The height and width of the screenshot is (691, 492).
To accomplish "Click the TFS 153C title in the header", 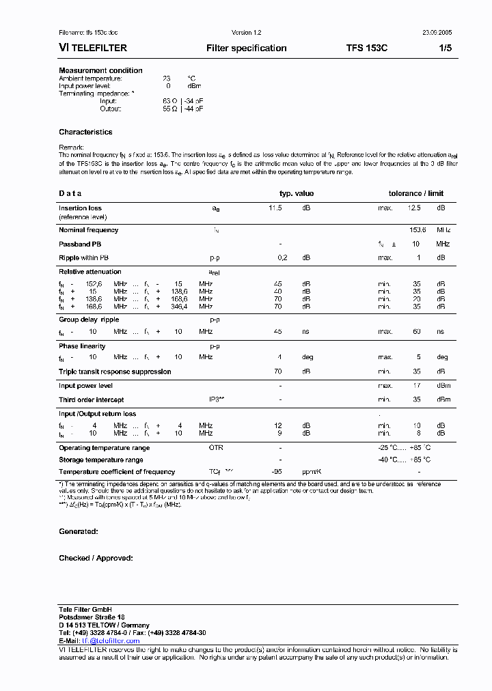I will [366, 48].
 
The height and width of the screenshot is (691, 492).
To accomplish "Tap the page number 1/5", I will [445, 48].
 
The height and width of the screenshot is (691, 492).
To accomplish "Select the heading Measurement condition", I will [100, 70].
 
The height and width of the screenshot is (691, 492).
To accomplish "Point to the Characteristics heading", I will [85, 132].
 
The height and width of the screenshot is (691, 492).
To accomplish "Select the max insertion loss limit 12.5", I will [414, 208].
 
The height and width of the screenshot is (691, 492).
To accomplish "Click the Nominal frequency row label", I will [88, 230].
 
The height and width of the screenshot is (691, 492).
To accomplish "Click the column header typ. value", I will [297, 193].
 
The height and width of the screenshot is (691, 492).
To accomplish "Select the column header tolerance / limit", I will [415, 193].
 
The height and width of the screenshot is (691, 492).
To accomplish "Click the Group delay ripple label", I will [89, 320].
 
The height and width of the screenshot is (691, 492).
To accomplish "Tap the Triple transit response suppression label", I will [115, 371].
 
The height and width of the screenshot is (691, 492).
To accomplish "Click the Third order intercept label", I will [91, 400].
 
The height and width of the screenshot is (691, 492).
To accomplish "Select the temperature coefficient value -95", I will [277, 472].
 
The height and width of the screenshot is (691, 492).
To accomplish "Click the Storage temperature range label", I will [101, 460].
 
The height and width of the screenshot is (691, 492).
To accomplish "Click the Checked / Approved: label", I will [96, 558].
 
